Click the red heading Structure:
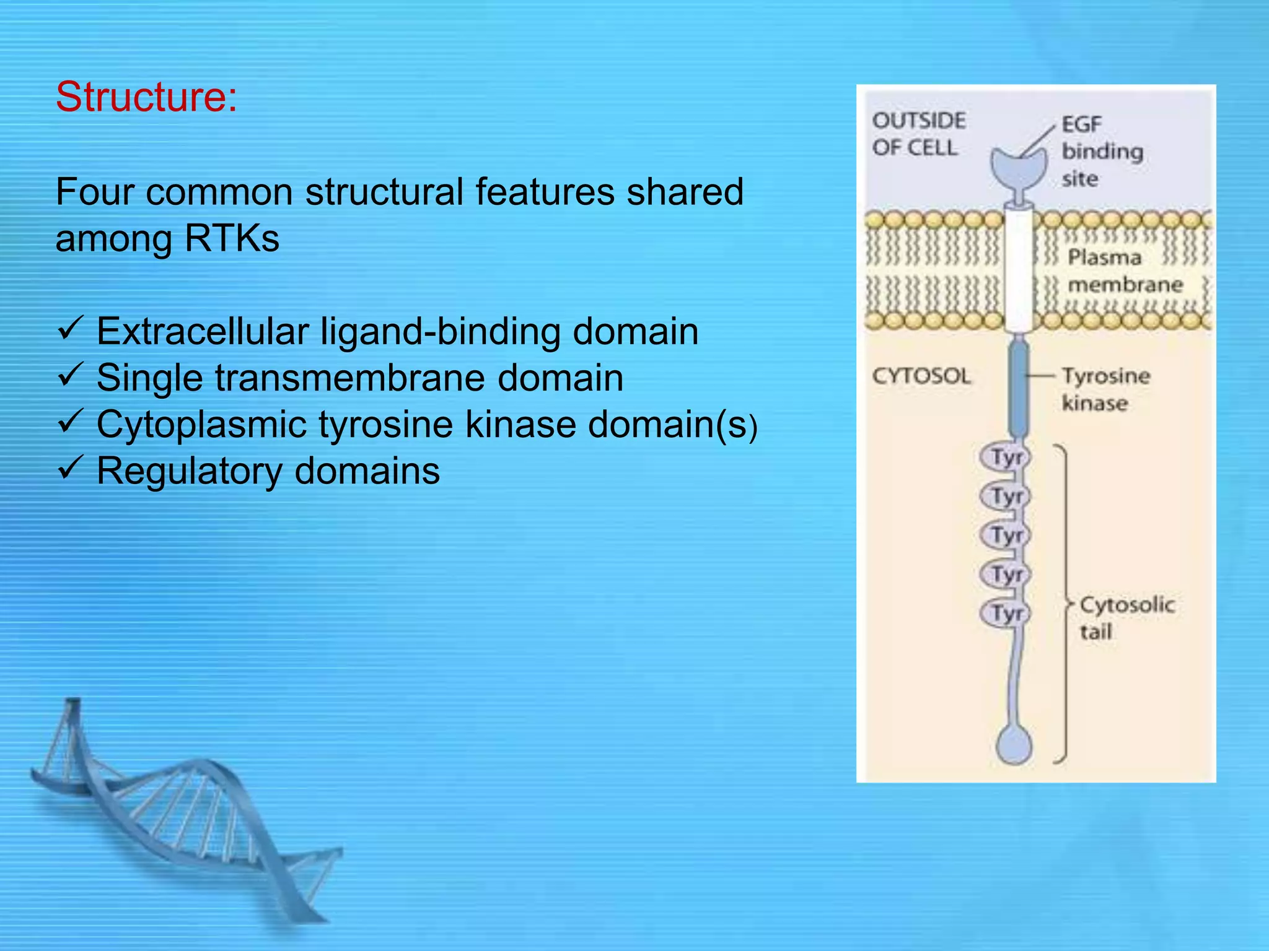click(146, 97)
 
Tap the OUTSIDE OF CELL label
click(918, 134)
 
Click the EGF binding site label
click(1101, 151)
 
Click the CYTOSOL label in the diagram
click(921, 376)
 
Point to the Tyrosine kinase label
click(1105, 389)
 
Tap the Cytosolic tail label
click(1126, 617)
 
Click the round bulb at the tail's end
click(1014, 744)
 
